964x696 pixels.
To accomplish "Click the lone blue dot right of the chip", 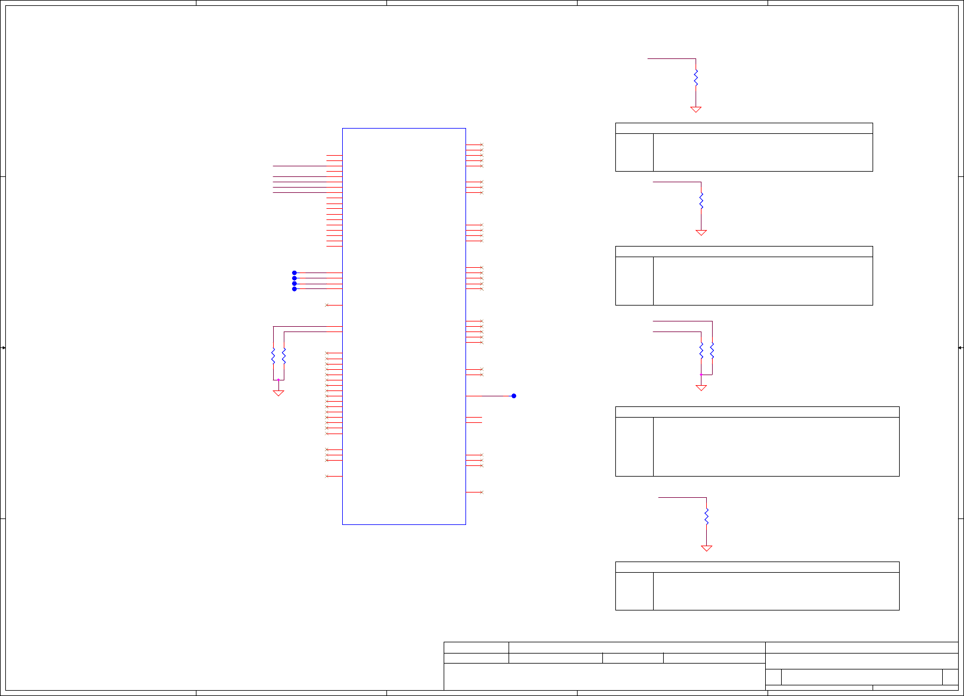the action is click(x=514, y=396).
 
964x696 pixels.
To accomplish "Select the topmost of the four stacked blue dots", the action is click(x=294, y=273).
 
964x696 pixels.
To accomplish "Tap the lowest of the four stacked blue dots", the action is click(x=294, y=289).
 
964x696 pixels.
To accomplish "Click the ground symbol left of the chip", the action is click(x=278, y=392).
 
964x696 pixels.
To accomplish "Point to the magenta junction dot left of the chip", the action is click(x=278, y=380).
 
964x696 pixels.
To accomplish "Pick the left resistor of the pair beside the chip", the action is click(x=273, y=356).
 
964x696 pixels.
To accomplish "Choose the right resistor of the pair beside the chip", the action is click(x=284, y=356).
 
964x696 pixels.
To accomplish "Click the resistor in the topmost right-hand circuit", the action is click(x=696, y=77).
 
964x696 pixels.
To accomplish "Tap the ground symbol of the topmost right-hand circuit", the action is click(x=696, y=109).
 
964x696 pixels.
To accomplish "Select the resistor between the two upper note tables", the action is click(x=701, y=201).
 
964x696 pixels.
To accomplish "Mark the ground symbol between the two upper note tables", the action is click(x=701, y=232).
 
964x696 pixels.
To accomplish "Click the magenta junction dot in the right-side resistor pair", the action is click(x=701, y=375).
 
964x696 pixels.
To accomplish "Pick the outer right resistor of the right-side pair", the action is click(x=712, y=350).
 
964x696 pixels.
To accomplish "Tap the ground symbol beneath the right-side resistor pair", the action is click(x=701, y=388).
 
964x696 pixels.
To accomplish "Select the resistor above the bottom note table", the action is click(x=707, y=516).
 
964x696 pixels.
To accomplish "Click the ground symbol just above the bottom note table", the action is click(x=707, y=548).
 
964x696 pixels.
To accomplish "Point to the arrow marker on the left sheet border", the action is click(x=3, y=348).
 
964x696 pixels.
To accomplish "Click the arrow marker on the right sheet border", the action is click(x=960, y=348).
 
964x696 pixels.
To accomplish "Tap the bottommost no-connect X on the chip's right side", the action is click(x=481, y=492).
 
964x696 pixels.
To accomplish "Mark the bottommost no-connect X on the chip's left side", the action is click(x=327, y=476).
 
